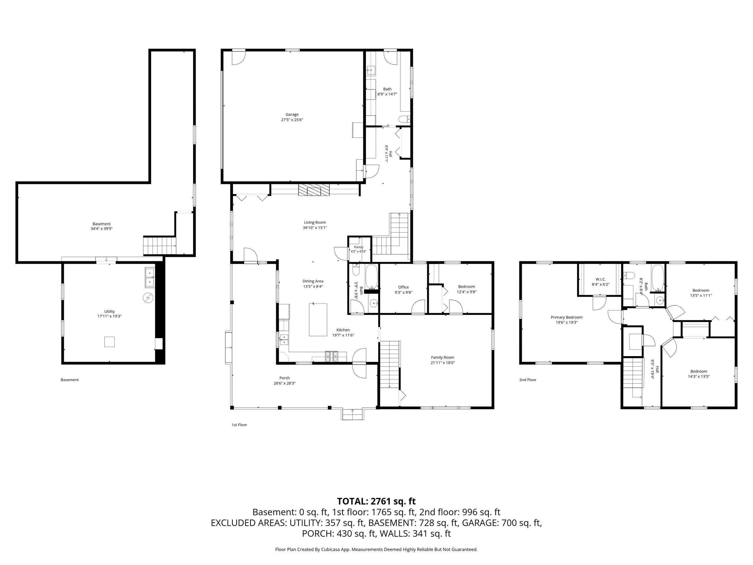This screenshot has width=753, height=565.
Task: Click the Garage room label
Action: pos(292,114)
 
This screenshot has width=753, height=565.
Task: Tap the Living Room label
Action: pos(315,222)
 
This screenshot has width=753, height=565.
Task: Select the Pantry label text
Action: pos(359,247)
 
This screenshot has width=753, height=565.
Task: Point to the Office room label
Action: pos(403,287)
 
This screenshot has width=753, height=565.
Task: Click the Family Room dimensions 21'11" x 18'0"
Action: pos(443,363)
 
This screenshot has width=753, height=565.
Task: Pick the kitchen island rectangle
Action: pos(318,320)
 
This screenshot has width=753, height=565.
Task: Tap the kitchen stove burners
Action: pos(332,356)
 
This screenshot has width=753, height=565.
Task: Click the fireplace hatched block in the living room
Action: pos(314,189)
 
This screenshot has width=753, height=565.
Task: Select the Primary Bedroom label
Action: pos(567,317)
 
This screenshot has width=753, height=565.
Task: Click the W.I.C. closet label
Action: pos(601,279)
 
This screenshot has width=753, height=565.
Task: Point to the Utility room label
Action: pos(110,311)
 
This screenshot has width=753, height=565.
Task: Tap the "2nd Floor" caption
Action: pos(528,380)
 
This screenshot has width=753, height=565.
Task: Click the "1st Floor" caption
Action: pos(239,425)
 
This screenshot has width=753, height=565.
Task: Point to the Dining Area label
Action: pos(313,281)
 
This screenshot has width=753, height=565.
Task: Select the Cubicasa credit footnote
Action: pos(376,549)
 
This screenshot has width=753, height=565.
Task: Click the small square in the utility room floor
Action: pos(109,342)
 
